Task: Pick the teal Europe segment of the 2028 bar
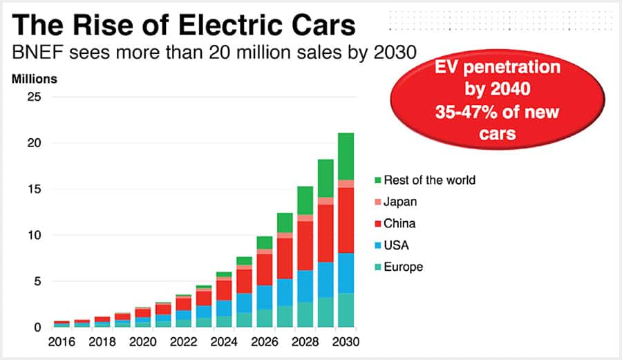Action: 305,314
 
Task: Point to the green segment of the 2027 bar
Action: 285,222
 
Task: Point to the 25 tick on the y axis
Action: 33,97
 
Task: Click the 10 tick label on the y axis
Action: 34,236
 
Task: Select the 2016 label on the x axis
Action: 62,342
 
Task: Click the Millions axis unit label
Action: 35,78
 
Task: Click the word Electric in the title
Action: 223,26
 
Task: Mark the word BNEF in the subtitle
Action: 32,53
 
